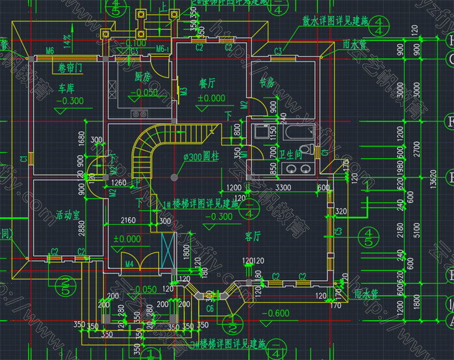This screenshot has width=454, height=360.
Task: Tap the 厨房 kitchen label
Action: [143, 77]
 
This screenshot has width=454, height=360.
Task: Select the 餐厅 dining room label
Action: [208, 84]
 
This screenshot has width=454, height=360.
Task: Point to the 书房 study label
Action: [267, 83]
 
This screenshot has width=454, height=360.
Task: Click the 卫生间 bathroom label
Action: [290, 154]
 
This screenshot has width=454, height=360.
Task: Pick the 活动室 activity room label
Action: [69, 214]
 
